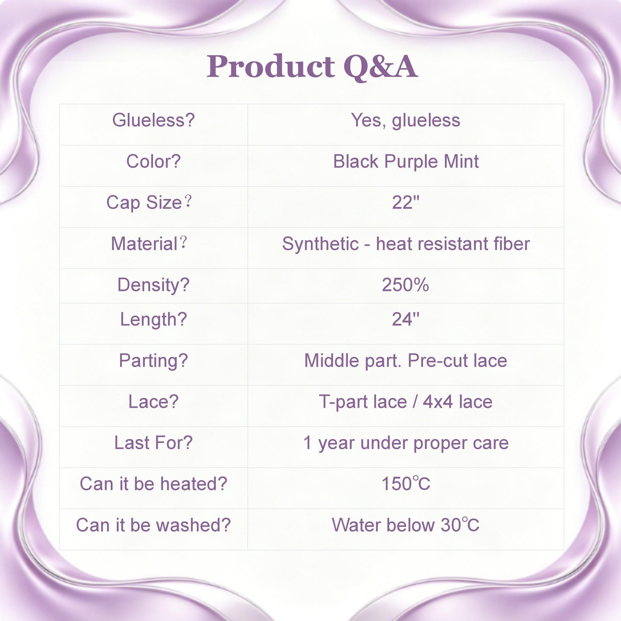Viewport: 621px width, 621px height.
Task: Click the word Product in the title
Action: (271, 66)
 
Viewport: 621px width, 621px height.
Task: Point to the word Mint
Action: (461, 161)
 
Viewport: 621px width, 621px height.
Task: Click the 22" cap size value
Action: (406, 202)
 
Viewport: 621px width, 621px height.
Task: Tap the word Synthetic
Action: (320, 243)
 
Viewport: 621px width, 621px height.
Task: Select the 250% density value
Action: (405, 285)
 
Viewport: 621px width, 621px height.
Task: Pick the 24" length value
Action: (406, 319)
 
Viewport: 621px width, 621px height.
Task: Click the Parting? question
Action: (153, 361)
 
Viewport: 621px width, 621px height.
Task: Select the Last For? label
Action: (153, 443)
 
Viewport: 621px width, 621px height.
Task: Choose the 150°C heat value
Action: (406, 484)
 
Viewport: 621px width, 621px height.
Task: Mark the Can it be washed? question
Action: (153, 525)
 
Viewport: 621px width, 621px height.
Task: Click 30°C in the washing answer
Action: (460, 525)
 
